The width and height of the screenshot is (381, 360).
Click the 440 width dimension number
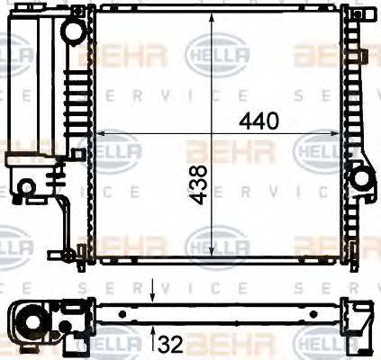[259, 121]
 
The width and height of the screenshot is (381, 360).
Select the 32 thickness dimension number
[172, 343]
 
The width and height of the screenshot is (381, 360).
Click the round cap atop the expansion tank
[73, 31]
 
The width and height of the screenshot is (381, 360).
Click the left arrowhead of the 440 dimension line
[96, 134]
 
